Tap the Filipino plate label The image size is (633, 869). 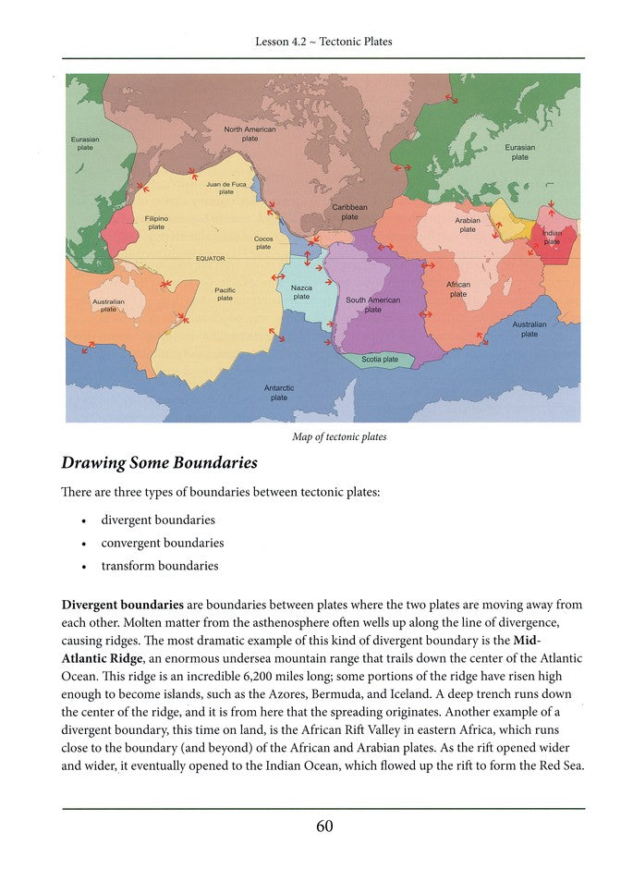tap(156, 222)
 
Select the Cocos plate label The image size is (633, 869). tap(263, 243)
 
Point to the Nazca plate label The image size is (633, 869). tap(301, 292)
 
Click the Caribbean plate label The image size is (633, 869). tap(349, 213)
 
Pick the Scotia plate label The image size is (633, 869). tap(379, 359)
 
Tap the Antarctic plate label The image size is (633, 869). tap(279, 393)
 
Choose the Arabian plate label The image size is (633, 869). tap(468, 226)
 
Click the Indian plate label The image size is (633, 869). tap(552, 239)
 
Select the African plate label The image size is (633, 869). tap(458, 289)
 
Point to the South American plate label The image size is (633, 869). tap(372, 305)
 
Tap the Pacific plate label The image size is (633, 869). tap(225, 294)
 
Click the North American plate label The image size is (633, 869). tap(250, 134)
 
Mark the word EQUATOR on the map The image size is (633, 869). tap(211, 258)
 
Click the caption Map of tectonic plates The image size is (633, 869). tap(339, 437)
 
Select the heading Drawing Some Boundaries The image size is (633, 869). tap(159, 462)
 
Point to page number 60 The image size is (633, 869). tap(324, 826)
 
